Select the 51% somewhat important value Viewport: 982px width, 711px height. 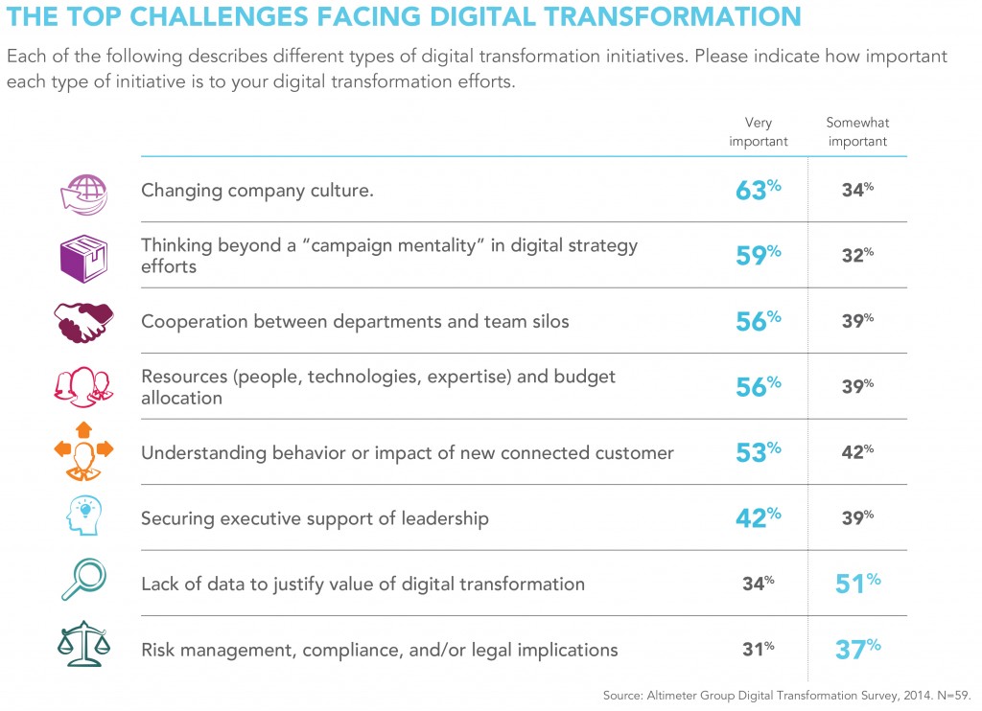click(x=857, y=583)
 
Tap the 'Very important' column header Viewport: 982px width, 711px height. click(x=758, y=132)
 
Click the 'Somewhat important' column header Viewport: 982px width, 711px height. click(x=857, y=132)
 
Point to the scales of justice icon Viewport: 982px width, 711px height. click(x=82, y=649)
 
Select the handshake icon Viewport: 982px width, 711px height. click(x=82, y=321)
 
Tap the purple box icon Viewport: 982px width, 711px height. click(x=82, y=256)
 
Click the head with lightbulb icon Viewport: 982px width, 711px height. click(x=82, y=517)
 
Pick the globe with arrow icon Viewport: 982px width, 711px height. click(x=82, y=191)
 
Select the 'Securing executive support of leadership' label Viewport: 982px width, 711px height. click(x=315, y=518)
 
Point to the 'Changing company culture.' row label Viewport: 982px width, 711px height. click(x=257, y=191)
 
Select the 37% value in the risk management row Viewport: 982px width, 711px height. click(x=857, y=649)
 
